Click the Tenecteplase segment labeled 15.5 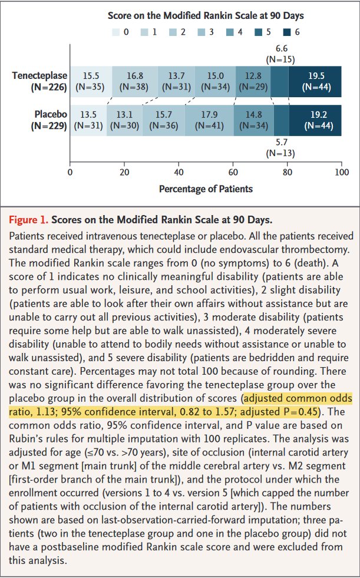pyautogui.click(x=91, y=81)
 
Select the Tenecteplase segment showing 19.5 pyautogui.click(x=315, y=81)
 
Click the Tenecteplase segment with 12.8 pyautogui.click(x=253, y=81)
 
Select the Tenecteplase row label pyautogui.click(x=40, y=81)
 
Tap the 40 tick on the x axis pyautogui.click(x=179, y=172)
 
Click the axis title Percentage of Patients pyautogui.click(x=206, y=189)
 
